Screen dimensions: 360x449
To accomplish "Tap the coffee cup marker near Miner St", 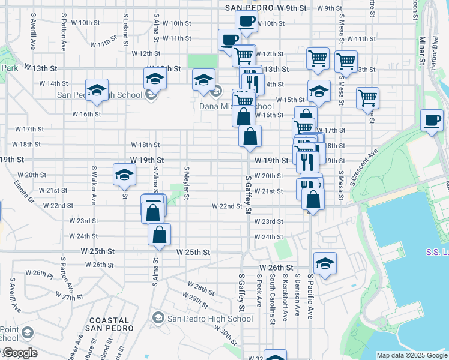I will pos(432,120).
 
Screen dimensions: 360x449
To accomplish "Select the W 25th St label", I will pos(194,253).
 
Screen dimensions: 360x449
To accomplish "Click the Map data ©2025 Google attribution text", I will pos(411,355).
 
